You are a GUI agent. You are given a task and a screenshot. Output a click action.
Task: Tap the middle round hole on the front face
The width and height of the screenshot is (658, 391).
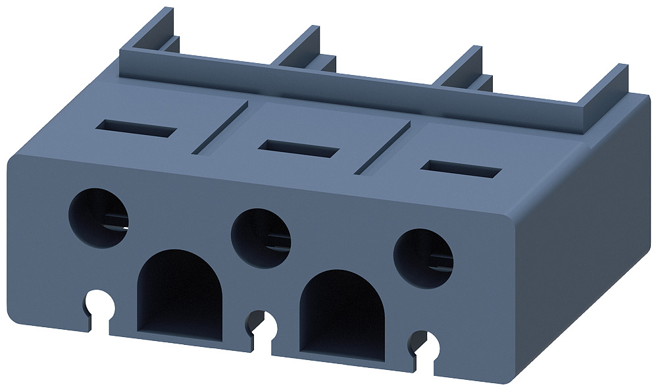coord(261,238)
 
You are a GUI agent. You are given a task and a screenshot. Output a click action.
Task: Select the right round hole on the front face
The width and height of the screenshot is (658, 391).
coord(423,259)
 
